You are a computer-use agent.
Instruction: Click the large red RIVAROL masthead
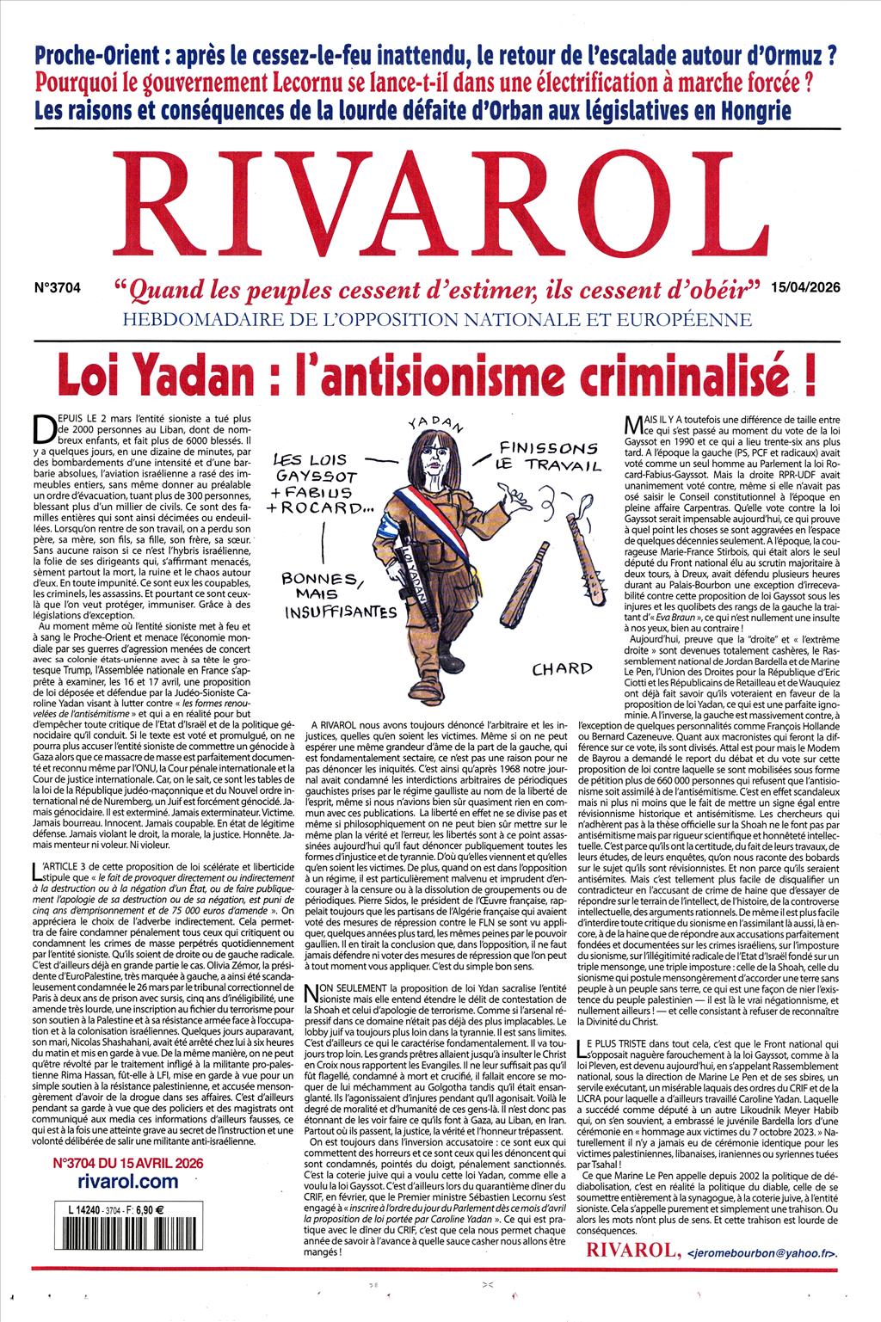(x=440, y=210)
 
